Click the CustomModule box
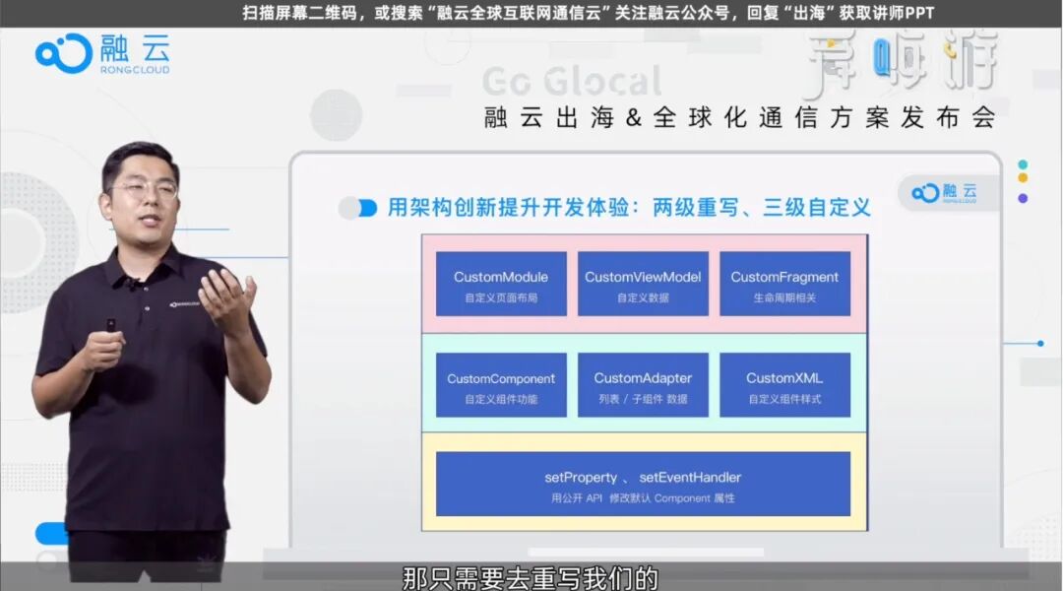click(501, 285)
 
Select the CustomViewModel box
click(643, 285)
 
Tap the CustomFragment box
click(784, 285)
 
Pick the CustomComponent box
click(501, 385)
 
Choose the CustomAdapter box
click(643, 385)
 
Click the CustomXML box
click(784, 385)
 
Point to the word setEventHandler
click(690, 478)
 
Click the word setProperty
click(581, 478)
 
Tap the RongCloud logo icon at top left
click(63, 53)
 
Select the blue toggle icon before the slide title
click(358, 208)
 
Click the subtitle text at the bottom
click(530, 576)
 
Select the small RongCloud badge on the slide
click(944, 193)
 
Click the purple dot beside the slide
click(1023, 198)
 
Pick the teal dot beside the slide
click(1023, 164)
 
